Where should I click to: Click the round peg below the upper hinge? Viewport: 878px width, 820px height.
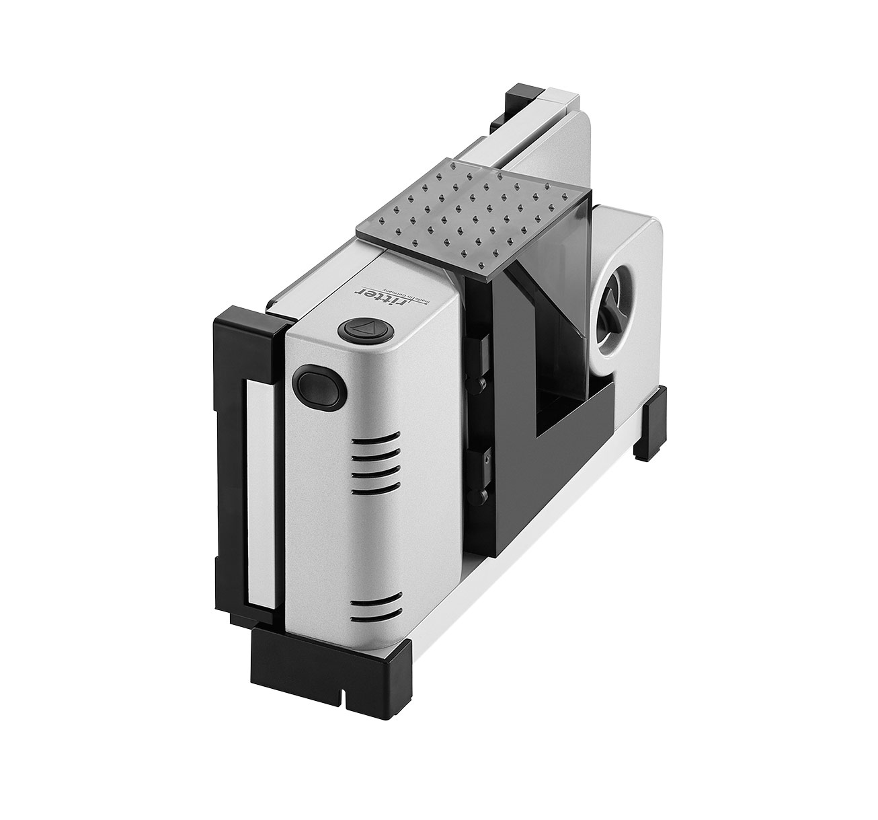(x=479, y=384)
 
